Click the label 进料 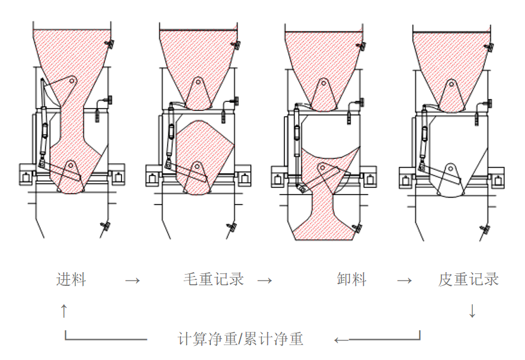[x=71, y=279]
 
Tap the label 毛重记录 [x=214, y=279]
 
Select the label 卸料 [x=351, y=279]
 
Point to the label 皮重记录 [x=469, y=279]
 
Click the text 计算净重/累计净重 [x=241, y=339]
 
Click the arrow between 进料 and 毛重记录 [x=133, y=280]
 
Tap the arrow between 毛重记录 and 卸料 [x=265, y=280]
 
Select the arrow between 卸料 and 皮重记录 [x=404, y=280]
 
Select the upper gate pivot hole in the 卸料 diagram [x=324, y=83]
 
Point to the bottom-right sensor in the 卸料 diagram [x=357, y=227]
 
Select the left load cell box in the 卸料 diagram [x=279, y=177]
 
